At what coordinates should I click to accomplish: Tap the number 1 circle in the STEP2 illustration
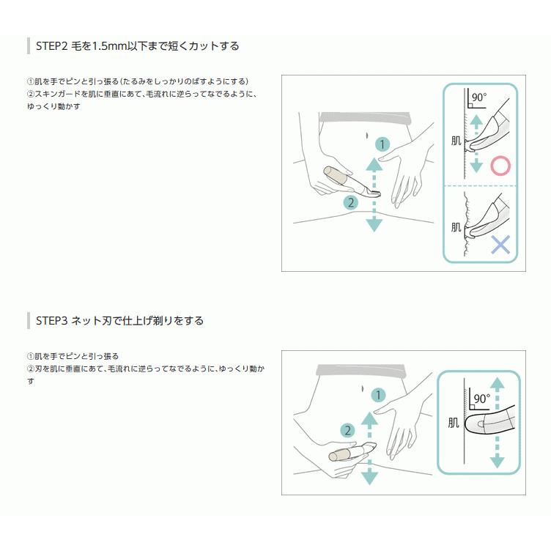381,144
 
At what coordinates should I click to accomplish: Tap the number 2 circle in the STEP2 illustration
350,202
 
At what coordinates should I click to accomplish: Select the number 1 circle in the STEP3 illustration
378,396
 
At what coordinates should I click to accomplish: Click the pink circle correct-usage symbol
500,165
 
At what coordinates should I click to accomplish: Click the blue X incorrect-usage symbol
500,244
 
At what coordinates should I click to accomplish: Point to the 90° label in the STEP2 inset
479,97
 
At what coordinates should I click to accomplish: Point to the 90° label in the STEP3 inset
481,399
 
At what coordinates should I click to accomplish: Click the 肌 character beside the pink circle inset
455,140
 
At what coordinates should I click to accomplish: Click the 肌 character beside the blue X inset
455,226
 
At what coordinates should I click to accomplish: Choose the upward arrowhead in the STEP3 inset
497,382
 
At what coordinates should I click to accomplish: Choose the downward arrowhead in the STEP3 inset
497,461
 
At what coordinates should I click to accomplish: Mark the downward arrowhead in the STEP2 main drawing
374,225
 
